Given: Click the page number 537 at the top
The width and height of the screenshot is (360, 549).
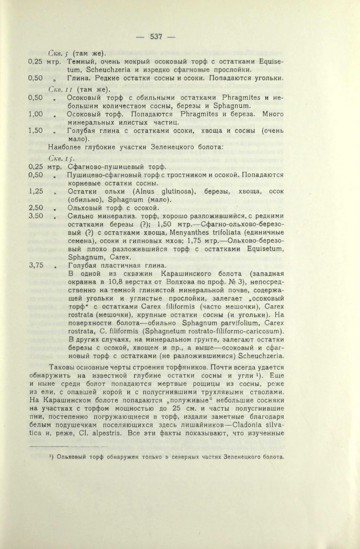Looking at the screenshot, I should click(x=157, y=36).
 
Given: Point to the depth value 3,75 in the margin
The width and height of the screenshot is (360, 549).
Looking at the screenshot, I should click(x=36, y=265).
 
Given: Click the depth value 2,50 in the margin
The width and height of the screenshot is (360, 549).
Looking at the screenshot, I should click(x=36, y=208).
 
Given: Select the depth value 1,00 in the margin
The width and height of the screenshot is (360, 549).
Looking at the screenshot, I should click(x=36, y=114).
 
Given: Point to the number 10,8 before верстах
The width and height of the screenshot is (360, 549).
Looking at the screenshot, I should click(x=109, y=282).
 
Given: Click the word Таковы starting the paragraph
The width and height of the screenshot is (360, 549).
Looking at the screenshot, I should click(x=62, y=367).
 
